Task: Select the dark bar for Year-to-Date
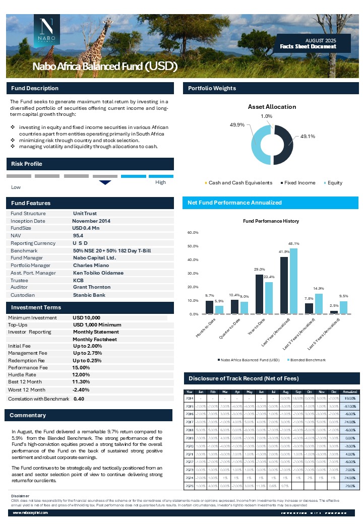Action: click(259, 294)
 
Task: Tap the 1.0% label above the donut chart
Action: click(267, 116)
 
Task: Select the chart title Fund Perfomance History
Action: click(271, 221)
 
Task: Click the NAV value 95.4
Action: click(78, 235)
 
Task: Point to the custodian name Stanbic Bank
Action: click(89, 295)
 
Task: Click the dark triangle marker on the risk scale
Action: click(105, 182)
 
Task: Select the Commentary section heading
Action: click(28, 416)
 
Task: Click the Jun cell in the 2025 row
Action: click(261, 486)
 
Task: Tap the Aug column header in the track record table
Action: click(285, 391)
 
